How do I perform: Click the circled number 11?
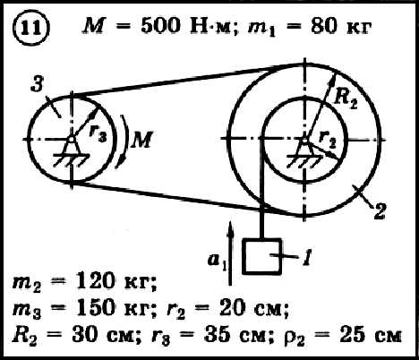click(x=30, y=29)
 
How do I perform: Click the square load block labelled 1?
click(x=262, y=256)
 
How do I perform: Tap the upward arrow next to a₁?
click(x=230, y=253)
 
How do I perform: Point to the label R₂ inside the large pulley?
click(x=346, y=99)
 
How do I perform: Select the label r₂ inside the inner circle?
click(x=328, y=139)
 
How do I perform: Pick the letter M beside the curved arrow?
click(x=141, y=140)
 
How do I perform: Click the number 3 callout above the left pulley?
click(x=38, y=84)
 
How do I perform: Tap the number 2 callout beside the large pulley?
click(x=380, y=211)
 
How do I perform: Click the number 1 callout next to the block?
click(x=307, y=257)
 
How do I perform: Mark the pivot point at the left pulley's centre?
click(x=72, y=139)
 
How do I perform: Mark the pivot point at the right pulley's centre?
click(x=304, y=140)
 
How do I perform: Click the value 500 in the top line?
click(x=161, y=26)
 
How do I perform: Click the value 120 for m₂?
click(x=95, y=281)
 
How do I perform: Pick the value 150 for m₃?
click(x=95, y=308)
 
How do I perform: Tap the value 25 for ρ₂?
click(x=352, y=334)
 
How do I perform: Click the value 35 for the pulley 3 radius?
click(x=217, y=334)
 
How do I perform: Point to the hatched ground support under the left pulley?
click(x=72, y=159)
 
